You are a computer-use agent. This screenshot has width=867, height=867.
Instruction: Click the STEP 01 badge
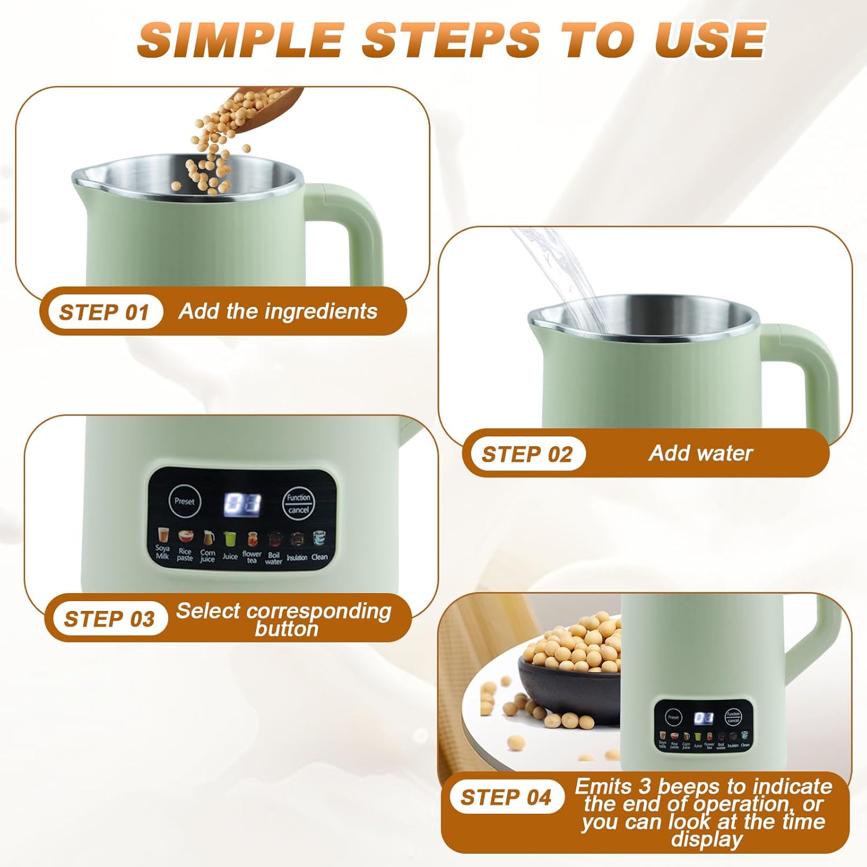point(103,312)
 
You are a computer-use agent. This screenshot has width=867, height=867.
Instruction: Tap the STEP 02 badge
point(527,454)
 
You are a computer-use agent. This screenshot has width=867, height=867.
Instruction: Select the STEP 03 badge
point(109,619)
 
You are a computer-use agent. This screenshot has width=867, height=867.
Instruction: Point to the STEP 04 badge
point(506,798)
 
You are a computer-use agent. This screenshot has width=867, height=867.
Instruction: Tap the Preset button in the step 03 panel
point(184,501)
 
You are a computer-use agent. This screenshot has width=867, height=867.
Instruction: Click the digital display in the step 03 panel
point(242,504)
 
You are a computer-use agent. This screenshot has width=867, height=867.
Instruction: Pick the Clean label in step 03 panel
point(320,557)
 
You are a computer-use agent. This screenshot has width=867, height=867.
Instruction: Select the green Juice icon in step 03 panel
point(229,539)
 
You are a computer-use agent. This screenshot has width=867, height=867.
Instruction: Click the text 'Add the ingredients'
point(278,312)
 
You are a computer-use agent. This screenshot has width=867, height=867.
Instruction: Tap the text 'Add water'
point(701,453)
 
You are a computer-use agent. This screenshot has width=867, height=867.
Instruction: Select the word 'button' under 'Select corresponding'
point(287,629)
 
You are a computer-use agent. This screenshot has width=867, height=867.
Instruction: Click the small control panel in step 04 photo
point(703,725)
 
